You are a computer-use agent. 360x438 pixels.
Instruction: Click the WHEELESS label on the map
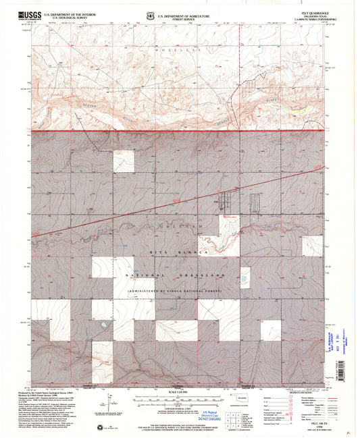[x=178, y=50]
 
